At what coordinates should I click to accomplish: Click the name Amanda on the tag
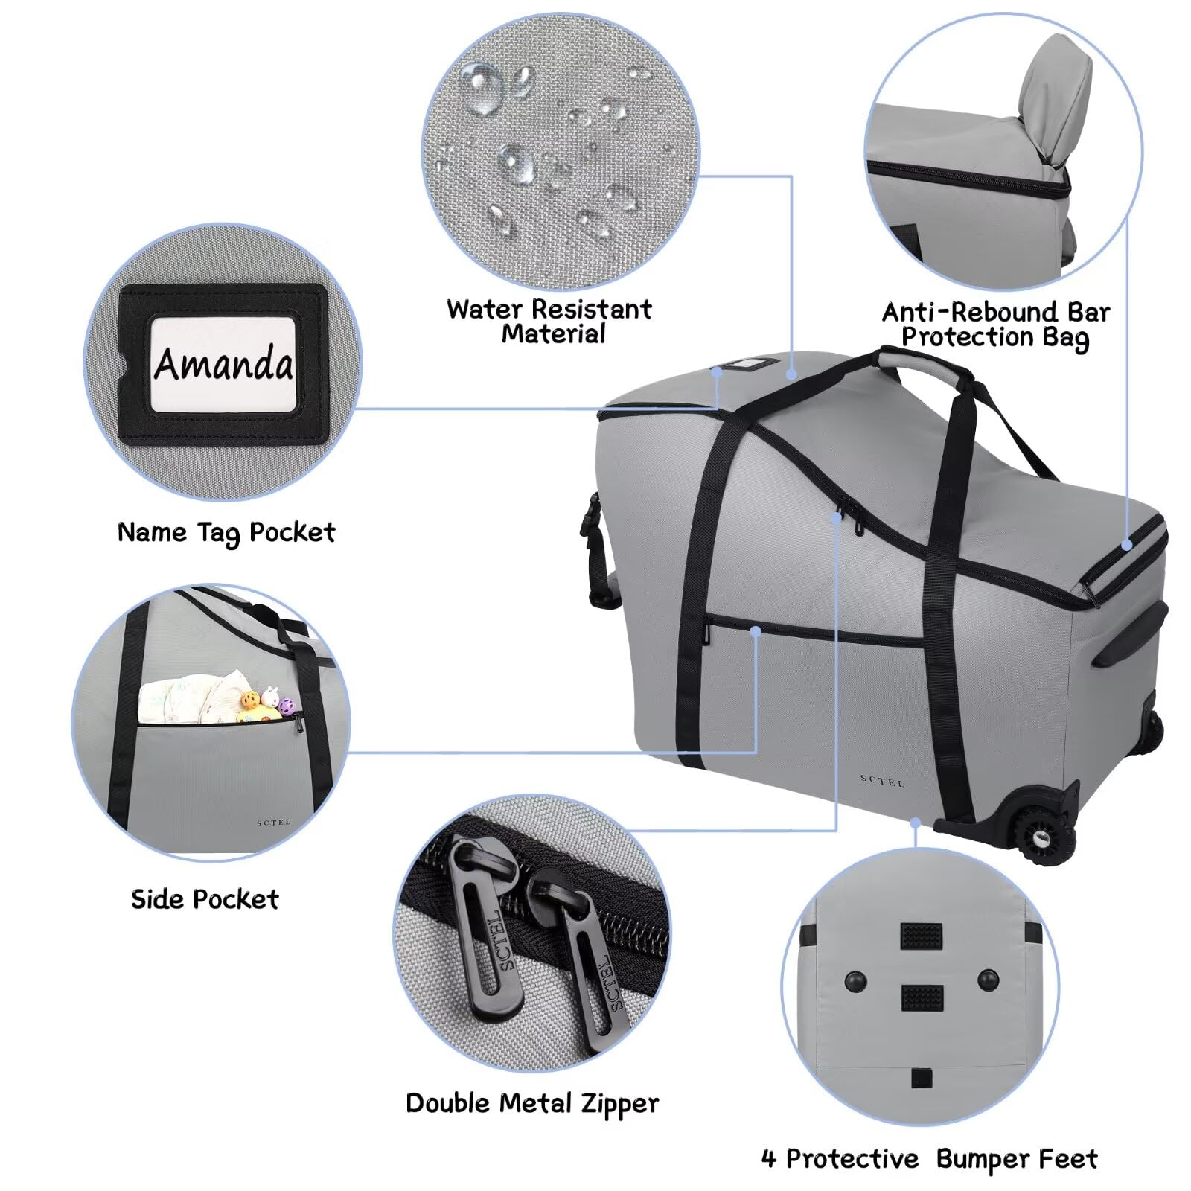pyautogui.click(x=223, y=363)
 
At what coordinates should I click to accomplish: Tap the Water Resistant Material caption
pyautogui.click(x=549, y=321)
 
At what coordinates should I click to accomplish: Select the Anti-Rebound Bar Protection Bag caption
pyautogui.click(x=995, y=324)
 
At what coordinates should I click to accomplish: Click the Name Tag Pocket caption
pyautogui.click(x=226, y=532)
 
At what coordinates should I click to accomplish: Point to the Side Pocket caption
pyautogui.click(x=205, y=898)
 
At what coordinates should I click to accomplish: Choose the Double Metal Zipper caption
pyautogui.click(x=531, y=1103)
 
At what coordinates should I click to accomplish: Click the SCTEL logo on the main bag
pyautogui.click(x=882, y=782)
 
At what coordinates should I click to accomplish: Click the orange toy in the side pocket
pyautogui.click(x=249, y=700)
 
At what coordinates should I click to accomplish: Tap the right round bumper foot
pyautogui.click(x=989, y=980)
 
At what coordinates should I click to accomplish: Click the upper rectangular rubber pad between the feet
pyautogui.click(x=922, y=935)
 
